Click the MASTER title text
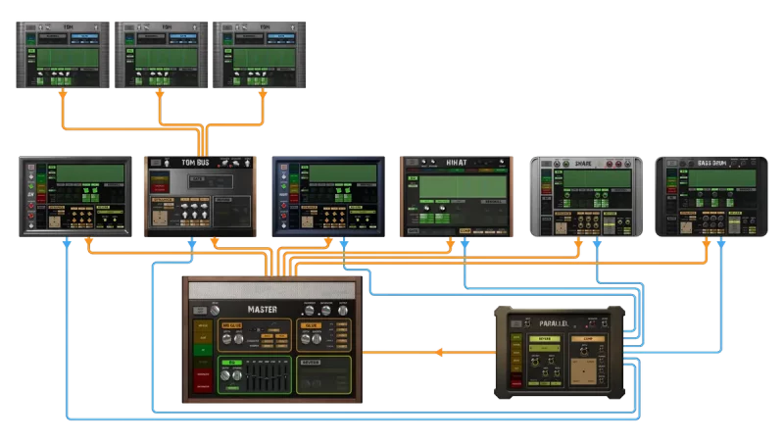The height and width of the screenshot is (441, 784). pos(262,310)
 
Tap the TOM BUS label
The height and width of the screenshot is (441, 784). pos(195,162)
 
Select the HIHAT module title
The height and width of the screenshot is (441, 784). pos(456,162)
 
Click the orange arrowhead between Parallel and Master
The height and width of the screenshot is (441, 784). pos(439,353)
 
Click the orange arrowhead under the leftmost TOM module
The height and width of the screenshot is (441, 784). pos(63,96)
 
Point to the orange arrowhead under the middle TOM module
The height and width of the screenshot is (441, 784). pos(159,96)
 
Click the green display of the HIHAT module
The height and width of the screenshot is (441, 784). pos(456,186)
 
